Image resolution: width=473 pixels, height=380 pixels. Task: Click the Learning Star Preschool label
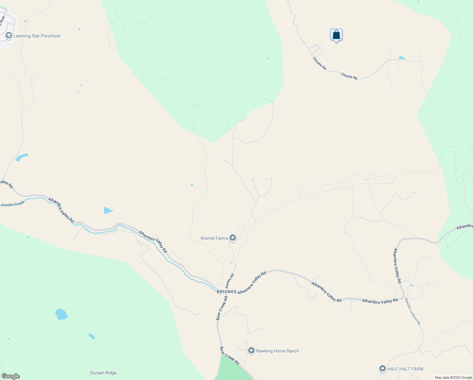(37, 36)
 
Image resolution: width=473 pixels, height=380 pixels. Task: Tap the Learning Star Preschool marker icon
(9, 36)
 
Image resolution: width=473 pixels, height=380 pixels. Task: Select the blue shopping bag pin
(336, 35)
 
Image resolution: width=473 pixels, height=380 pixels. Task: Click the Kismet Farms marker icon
(233, 238)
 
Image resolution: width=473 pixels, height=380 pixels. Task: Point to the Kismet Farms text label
(214, 238)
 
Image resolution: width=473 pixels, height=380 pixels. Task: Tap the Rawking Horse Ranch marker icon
(251, 351)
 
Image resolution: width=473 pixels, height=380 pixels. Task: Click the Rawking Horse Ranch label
(277, 351)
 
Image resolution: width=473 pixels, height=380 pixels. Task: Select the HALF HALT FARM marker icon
(382, 369)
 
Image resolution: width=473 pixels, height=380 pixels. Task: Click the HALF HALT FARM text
(405, 369)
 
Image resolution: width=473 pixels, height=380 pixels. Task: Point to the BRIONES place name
(226, 292)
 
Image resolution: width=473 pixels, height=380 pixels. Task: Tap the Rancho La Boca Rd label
(413, 312)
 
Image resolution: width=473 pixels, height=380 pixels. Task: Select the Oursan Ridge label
(103, 373)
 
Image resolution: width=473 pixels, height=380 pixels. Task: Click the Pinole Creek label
(13, 205)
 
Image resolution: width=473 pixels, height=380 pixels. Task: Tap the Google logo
(10, 376)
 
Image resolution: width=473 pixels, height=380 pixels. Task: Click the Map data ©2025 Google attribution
(453, 377)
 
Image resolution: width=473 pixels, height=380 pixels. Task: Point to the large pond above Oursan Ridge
(61, 314)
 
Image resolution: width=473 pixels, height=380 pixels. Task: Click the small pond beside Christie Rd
(402, 58)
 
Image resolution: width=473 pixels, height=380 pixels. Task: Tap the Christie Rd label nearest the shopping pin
(319, 64)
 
